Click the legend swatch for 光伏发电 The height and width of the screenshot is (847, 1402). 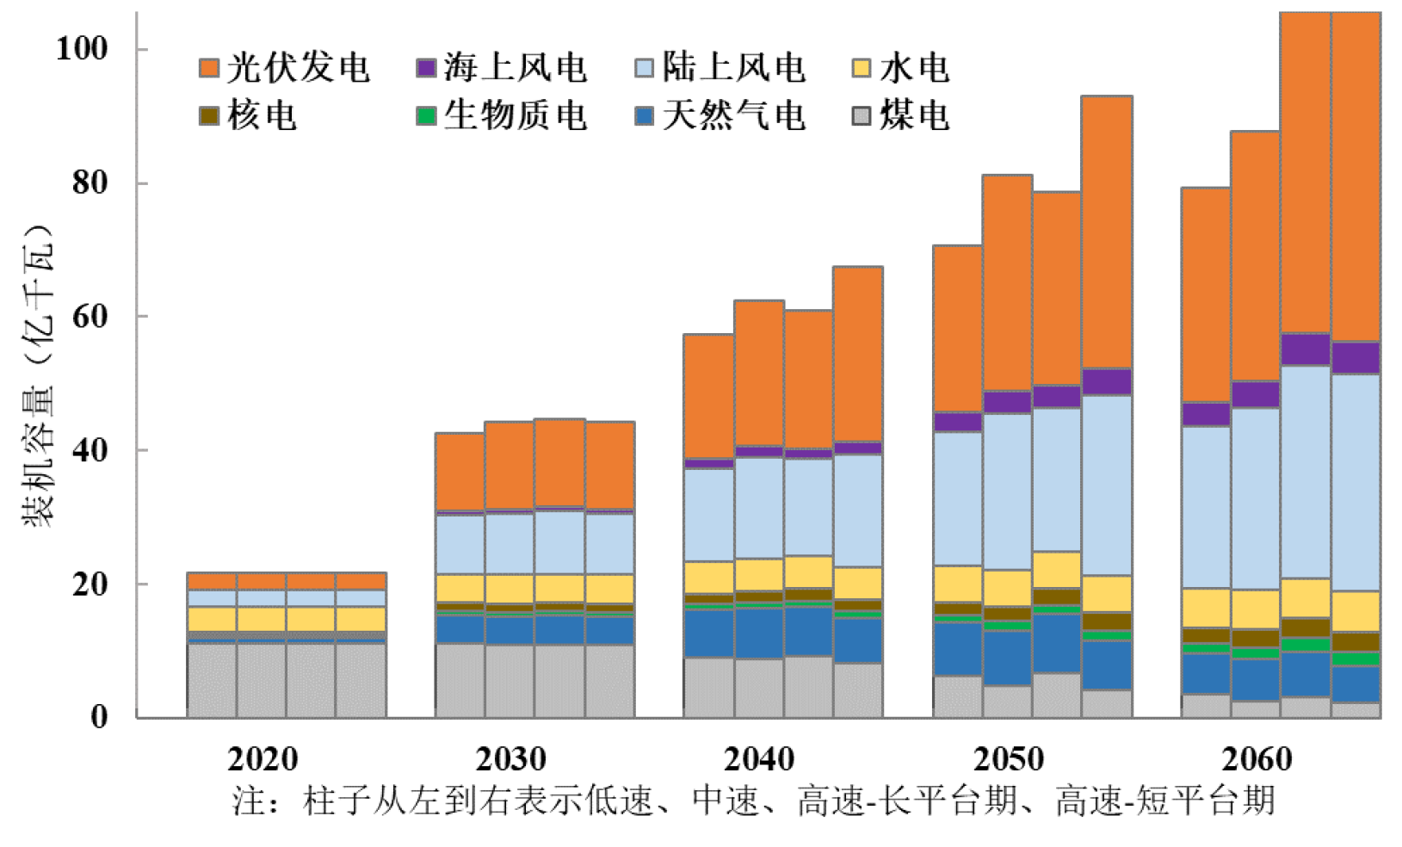tap(209, 68)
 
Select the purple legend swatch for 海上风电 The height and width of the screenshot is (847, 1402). tap(426, 68)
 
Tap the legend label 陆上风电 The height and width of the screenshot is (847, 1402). tap(733, 68)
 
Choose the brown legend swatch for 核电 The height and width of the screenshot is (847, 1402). tap(209, 115)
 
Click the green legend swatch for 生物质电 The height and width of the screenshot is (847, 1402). tap(426, 115)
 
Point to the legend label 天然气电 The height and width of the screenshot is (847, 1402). tap(733, 115)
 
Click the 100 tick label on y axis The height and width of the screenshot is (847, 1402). tap(82, 48)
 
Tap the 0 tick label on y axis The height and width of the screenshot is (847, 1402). tap(100, 716)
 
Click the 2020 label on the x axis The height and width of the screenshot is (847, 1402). tap(262, 759)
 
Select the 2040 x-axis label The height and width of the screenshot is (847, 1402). tap(759, 759)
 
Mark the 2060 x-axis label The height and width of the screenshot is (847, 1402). tap(1257, 759)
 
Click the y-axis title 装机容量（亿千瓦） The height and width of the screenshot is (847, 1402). tap(39, 374)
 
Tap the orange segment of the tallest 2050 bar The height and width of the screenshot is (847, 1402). tap(1107, 232)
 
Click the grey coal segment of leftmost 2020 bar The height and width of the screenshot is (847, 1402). tap(212, 680)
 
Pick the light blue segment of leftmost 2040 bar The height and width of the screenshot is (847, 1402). tap(708, 515)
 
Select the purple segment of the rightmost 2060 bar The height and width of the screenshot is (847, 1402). tap(1356, 357)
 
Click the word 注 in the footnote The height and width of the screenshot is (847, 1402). tap(246, 801)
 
